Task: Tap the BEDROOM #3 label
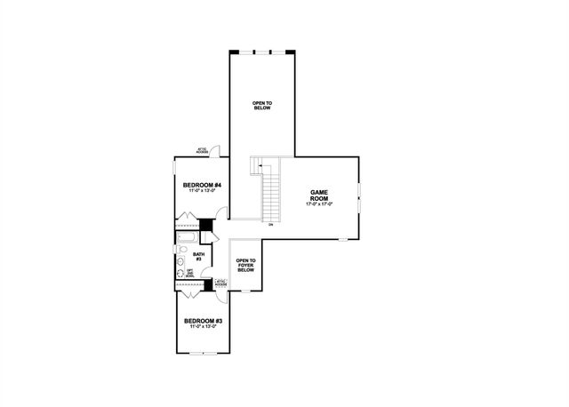tap(203, 320)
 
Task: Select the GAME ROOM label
tap(319, 196)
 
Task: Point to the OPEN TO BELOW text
tap(262, 106)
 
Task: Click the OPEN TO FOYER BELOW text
tap(245, 265)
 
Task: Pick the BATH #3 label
tap(198, 256)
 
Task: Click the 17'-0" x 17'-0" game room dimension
tap(319, 205)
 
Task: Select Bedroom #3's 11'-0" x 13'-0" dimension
tap(203, 327)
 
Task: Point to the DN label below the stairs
tap(270, 225)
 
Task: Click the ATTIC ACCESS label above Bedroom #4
tap(202, 151)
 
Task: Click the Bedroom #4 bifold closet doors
tap(188, 219)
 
